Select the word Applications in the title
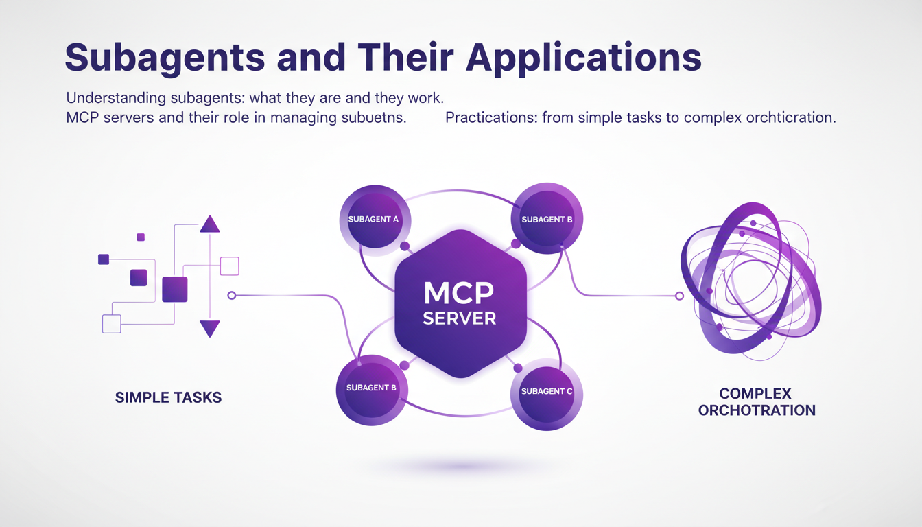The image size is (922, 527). [584, 58]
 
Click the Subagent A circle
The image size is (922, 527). [374, 220]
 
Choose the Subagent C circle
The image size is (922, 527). [547, 392]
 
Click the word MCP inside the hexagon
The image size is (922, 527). [459, 293]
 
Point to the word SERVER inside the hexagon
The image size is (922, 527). [460, 318]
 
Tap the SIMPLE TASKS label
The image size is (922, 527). [168, 397]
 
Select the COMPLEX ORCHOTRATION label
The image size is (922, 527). [756, 402]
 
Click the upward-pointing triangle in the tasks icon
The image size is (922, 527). [209, 224]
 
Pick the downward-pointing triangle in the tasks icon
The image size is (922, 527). [209, 329]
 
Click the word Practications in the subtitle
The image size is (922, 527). [490, 117]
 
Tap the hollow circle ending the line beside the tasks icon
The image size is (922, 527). [231, 296]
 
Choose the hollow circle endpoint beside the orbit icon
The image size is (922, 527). [679, 296]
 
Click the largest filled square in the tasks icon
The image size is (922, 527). [175, 290]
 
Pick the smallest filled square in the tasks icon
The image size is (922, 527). [141, 237]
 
